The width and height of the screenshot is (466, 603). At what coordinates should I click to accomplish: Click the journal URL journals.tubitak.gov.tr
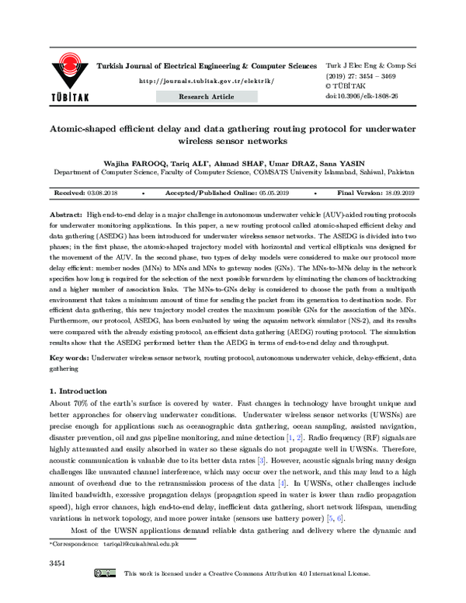(205, 81)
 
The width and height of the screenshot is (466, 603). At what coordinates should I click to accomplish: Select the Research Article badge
(206, 96)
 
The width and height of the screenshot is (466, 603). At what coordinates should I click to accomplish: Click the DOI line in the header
(362, 96)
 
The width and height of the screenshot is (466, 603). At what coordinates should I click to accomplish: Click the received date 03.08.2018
(103, 193)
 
